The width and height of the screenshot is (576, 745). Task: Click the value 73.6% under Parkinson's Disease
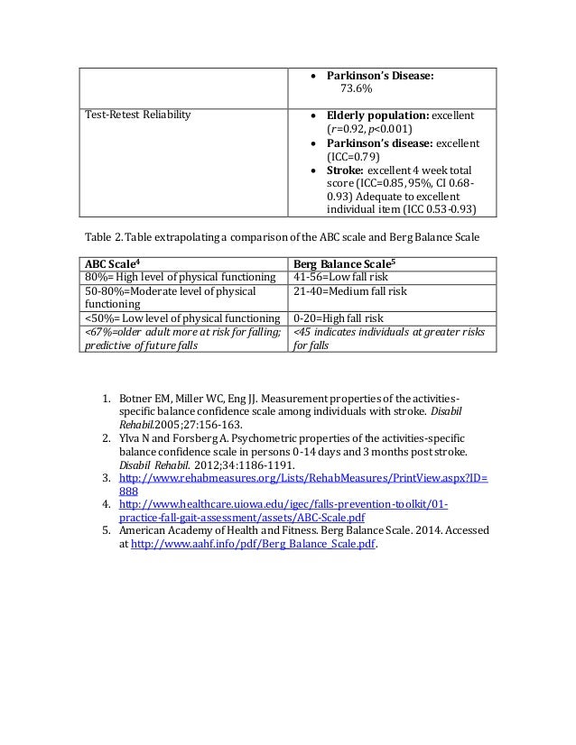[x=358, y=88]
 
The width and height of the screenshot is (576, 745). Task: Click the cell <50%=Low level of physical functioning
[x=181, y=318]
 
